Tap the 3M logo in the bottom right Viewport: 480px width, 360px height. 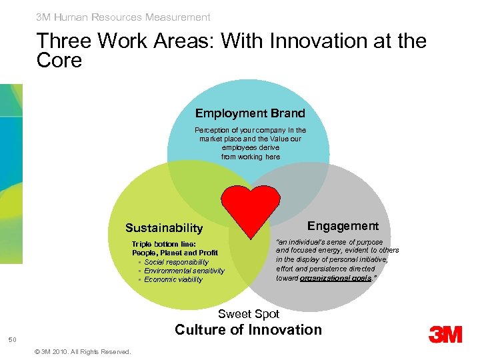[x=445, y=333]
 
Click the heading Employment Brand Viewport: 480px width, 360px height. [x=250, y=113]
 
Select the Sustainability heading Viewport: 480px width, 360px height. [x=164, y=228]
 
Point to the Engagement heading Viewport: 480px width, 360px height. [x=343, y=226]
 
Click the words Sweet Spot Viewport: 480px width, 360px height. [x=249, y=313]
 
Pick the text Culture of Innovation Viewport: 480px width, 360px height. [x=248, y=329]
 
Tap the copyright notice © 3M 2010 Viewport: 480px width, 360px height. [x=81, y=351]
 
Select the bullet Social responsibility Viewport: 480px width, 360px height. [x=176, y=262]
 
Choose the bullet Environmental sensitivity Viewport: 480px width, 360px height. [x=184, y=271]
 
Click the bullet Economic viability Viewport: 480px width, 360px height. [x=173, y=279]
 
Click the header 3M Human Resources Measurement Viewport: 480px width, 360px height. [x=123, y=17]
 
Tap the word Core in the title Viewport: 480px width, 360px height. [x=59, y=61]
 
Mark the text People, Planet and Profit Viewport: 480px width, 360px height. [x=175, y=253]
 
